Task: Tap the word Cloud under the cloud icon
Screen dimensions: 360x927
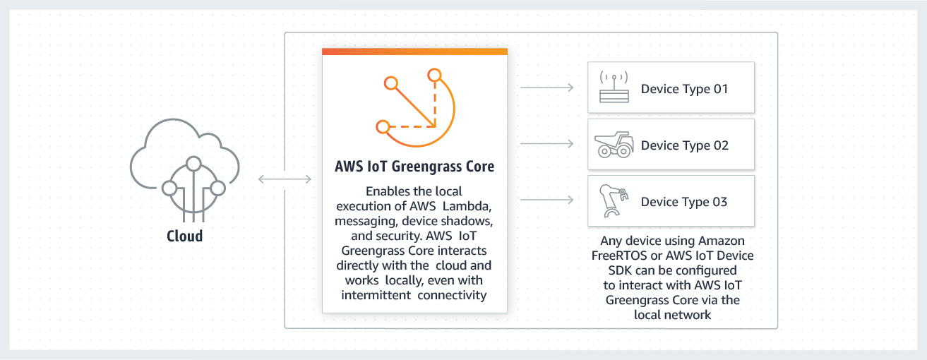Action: (x=184, y=236)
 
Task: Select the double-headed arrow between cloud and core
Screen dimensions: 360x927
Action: (x=285, y=179)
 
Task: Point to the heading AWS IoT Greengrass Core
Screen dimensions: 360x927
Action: (x=414, y=167)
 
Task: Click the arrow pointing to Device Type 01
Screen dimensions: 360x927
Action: (x=546, y=88)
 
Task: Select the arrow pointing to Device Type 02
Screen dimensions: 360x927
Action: (x=546, y=144)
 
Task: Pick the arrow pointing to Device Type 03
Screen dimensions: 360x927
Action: (x=546, y=200)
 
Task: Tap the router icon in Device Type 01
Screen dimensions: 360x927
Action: (x=614, y=88)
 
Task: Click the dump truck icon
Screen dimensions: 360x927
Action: (x=614, y=145)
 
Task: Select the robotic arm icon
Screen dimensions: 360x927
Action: (x=612, y=201)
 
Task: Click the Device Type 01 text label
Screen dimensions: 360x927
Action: (x=683, y=89)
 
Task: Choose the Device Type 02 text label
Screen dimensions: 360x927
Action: (x=683, y=145)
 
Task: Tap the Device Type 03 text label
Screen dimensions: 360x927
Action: (x=683, y=202)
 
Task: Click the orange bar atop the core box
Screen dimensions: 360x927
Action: (x=414, y=52)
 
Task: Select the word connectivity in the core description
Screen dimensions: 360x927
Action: (x=452, y=295)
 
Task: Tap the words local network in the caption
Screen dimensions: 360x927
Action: (x=672, y=315)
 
